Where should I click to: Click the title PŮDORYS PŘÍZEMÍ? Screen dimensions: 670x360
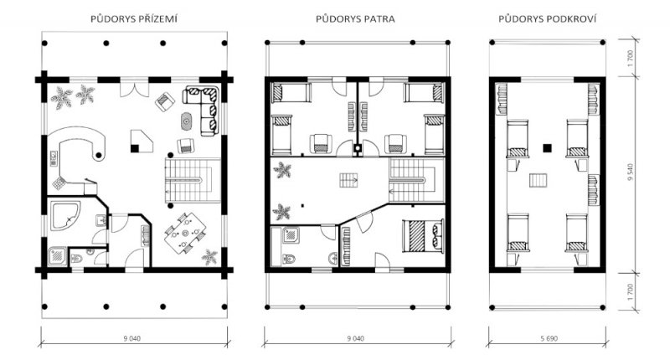pos(134,19)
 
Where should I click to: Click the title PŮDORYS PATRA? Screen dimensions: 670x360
pos(355,19)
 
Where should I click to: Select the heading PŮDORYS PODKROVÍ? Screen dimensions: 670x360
pos(548,19)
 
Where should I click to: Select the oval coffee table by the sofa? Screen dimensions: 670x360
pos(186,121)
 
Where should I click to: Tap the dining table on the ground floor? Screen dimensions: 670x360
pos(185,234)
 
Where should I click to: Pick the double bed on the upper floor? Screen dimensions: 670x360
pos(423,236)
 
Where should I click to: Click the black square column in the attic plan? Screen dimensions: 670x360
pos(547,148)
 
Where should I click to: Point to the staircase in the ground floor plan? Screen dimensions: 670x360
pos(193,180)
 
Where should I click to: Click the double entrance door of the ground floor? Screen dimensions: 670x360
pos(134,87)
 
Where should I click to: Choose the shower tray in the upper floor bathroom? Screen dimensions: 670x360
pos(291,235)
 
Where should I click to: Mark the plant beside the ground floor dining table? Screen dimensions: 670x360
pos(209,257)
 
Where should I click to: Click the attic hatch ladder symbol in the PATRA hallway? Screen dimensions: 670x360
pos(348,180)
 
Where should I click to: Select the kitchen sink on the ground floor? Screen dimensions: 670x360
pos(54,158)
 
